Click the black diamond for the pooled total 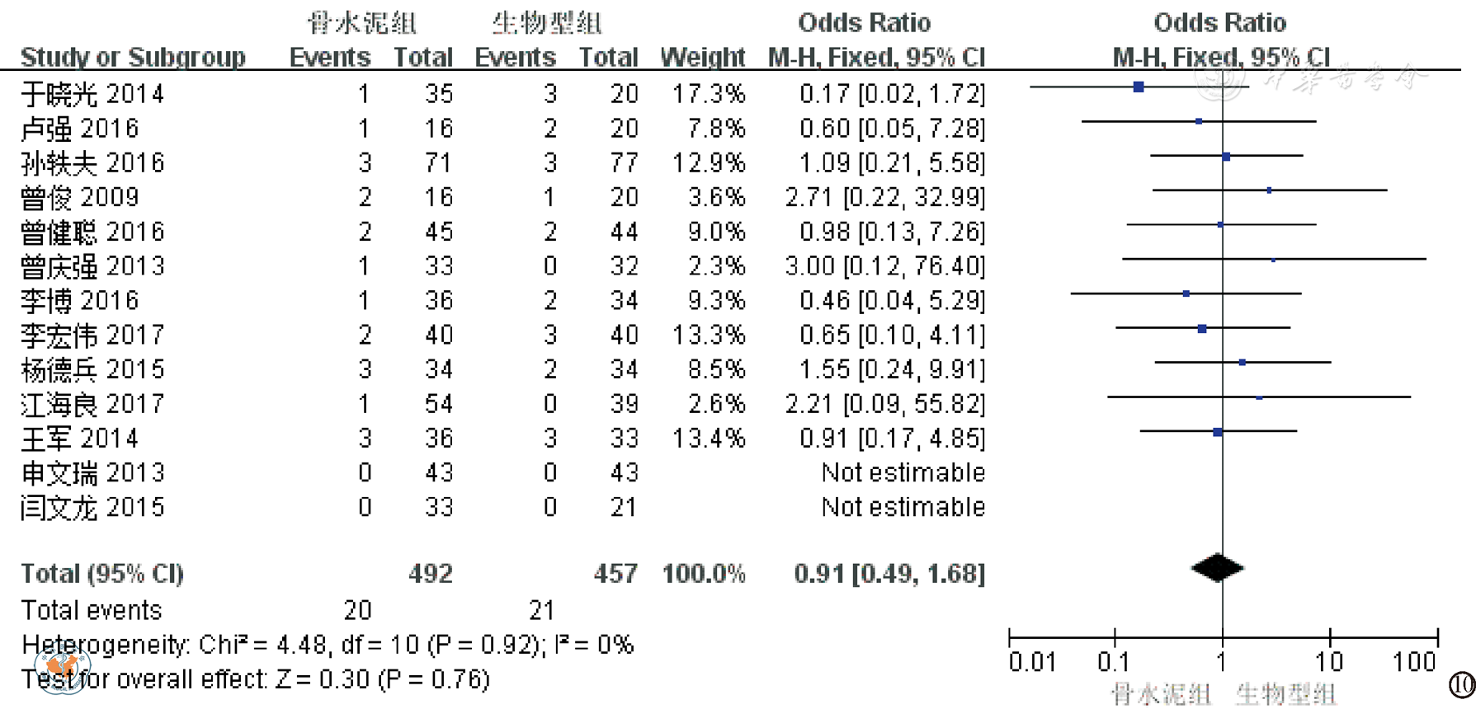(x=1218, y=567)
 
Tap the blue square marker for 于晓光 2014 (x=1139, y=87)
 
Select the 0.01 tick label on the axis (x=1032, y=662)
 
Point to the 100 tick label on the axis (x=1414, y=662)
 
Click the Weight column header (x=702, y=57)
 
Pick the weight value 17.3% (x=708, y=94)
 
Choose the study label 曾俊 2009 (x=80, y=197)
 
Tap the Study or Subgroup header (x=133, y=57)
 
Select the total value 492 (x=431, y=574)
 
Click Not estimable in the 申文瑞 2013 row (x=903, y=472)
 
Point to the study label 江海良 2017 (x=92, y=404)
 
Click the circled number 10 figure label (x=1462, y=684)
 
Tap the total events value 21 (x=541, y=610)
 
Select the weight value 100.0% (x=703, y=574)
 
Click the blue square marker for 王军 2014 (x=1218, y=431)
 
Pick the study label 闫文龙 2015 (x=92, y=507)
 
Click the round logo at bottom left (x=62, y=668)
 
